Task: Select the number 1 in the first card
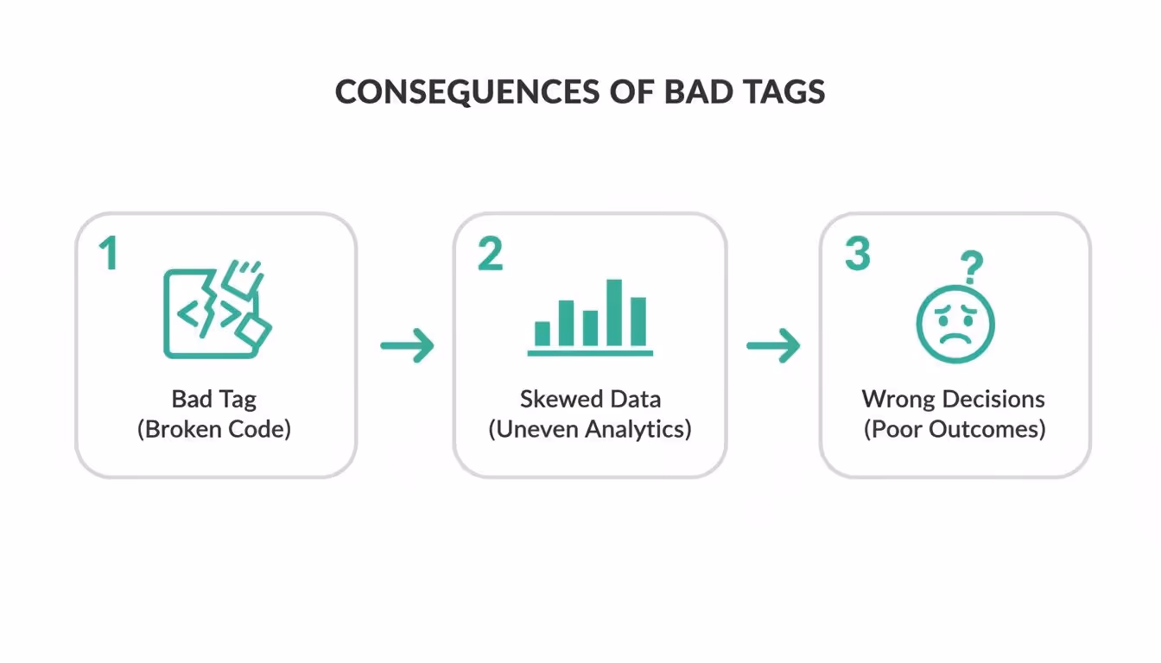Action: (x=108, y=254)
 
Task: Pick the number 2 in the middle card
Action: (x=490, y=254)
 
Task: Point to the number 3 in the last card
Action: (x=857, y=254)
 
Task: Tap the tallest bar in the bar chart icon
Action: (x=614, y=311)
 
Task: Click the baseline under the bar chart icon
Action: (x=590, y=352)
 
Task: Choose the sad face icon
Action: (x=955, y=325)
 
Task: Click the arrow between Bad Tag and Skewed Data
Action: (x=407, y=345)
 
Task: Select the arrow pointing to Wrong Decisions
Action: (x=773, y=345)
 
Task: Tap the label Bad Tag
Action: (x=214, y=399)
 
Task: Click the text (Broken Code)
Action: (x=214, y=429)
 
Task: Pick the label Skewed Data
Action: (x=590, y=399)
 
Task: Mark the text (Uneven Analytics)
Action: (x=590, y=429)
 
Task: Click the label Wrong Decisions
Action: (x=953, y=399)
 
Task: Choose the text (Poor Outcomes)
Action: (x=955, y=429)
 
